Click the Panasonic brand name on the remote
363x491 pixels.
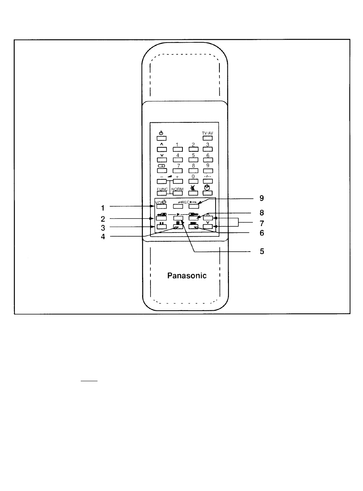pyautogui.click(x=187, y=276)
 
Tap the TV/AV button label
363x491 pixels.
pyautogui.click(x=207, y=133)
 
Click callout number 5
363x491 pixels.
pyautogui.click(x=262, y=251)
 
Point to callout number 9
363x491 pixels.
pyautogui.click(x=262, y=198)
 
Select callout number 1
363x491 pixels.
pyautogui.click(x=102, y=208)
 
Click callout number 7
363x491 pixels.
pyautogui.click(x=262, y=223)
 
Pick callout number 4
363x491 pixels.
pyautogui.click(x=103, y=237)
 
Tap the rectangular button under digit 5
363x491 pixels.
pyautogui.click(x=193, y=160)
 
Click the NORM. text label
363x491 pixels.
pyautogui.click(x=178, y=189)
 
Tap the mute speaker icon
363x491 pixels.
pyautogui.click(x=193, y=188)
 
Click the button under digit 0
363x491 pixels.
pyautogui.click(x=193, y=181)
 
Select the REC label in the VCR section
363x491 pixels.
pyautogui.click(x=185, y=202)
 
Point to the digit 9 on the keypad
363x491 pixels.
pyautogui.click(x=208, y=165)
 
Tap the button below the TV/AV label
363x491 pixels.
pyautogui.click(x=208, y=138)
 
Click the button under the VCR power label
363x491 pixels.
pyautogui.click(x=162, y=206)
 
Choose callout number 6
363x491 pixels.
pyautogui.click(x=262, y=233)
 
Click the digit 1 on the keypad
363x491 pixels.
pyautogui.click(x=177, y=144)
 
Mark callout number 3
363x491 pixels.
pyautogui.click(x=103, y=228)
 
